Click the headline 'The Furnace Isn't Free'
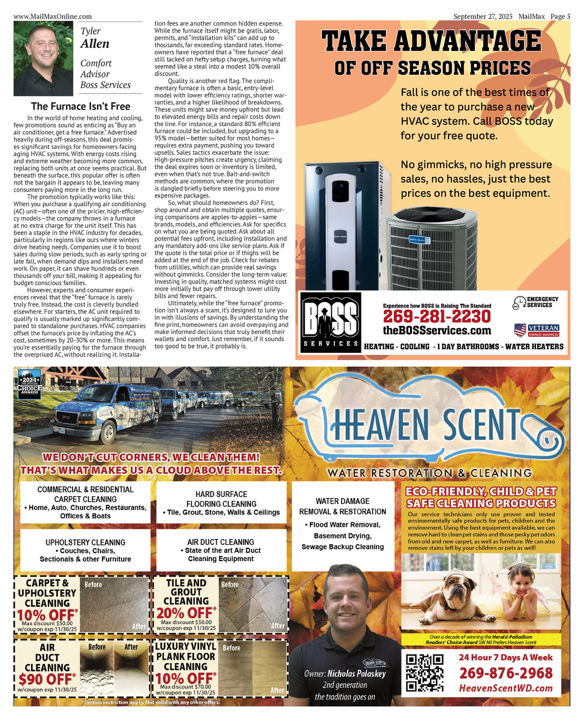[81, 106]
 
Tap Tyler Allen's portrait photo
[43, 58]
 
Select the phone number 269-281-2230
[436, 316]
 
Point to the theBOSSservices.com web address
[437, 331]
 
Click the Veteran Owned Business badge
[536, 331]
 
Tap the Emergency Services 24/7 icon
[535, 302]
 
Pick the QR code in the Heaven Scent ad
[425, 673]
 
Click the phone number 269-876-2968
[506, 673]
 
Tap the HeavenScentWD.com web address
[506, 688]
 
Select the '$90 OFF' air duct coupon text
[46, 679]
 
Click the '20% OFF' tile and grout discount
[186, 613]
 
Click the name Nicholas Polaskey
[356, 673]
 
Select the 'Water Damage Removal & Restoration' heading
[342, 506]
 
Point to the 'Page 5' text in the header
[560, 16]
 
